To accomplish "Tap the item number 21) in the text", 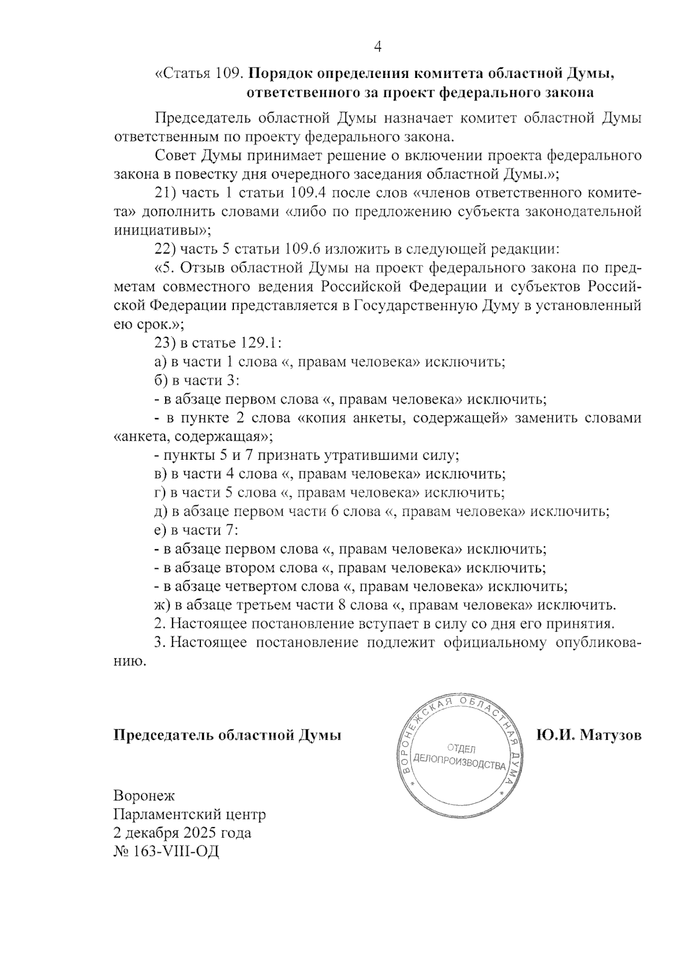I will (x=166, y=192).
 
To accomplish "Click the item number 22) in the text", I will (x=166, y=249).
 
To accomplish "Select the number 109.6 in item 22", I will (x=303, y=249).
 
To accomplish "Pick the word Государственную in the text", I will (x=415, y=305).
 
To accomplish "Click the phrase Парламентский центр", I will (x=190, y=815).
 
